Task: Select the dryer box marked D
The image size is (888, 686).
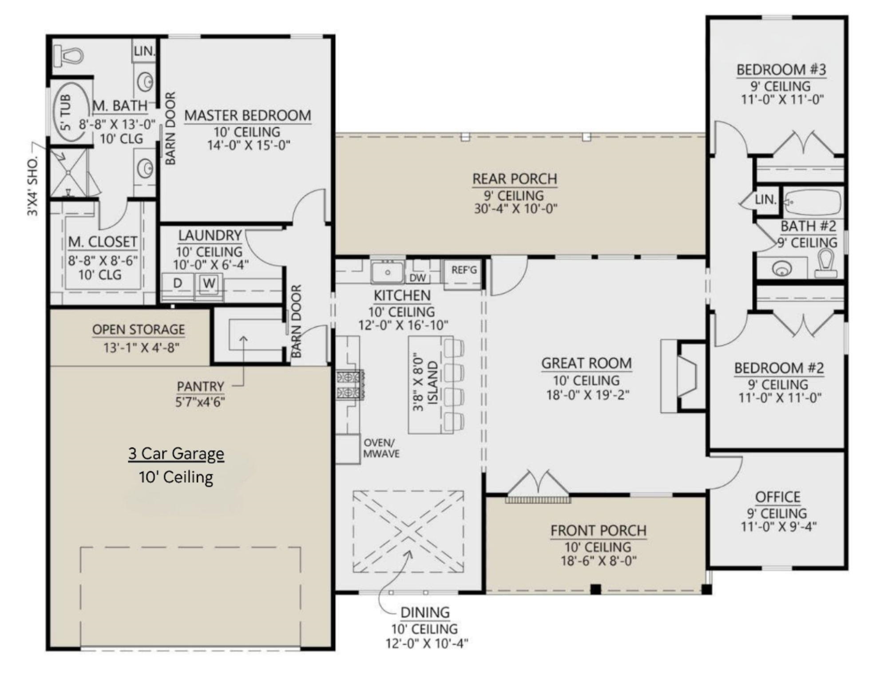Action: (x=178, y=283)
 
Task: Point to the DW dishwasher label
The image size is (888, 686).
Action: (x=417, y=278)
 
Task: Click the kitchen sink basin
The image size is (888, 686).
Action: (x=387, y=272)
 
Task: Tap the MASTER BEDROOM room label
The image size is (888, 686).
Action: (x=248, y=115)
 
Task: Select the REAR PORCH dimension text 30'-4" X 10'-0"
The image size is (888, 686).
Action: (x=515, y=209)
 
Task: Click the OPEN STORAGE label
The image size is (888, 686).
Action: (x=139, y=330)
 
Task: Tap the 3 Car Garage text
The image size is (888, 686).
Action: (x=176, y=454)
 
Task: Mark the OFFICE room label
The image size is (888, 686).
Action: (x=777, y=497)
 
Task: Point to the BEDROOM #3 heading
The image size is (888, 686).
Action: (x=781, y=70)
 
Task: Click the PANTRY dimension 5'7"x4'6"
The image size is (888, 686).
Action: (x=200, y=402)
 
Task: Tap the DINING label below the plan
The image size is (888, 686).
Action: (x=425, y=613)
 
